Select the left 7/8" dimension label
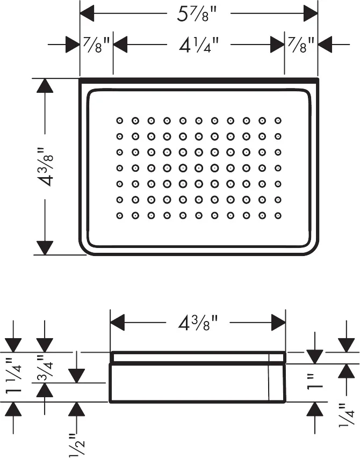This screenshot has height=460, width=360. (x=97, y=45)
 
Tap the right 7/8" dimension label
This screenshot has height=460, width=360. (x=300, y=45)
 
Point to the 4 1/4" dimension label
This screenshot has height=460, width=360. (x=198, y=45)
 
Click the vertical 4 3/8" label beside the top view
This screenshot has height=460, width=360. (x=45, y=166)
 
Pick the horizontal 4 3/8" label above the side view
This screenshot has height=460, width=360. (x=198, y=323)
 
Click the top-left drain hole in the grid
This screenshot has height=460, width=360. (x=119, y=120)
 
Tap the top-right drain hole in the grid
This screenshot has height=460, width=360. (x=278, y=120)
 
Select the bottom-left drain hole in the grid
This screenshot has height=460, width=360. (x=119, y=216)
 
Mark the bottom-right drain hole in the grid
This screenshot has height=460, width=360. (x=278, y=216)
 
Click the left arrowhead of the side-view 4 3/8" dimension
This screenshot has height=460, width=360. (x=118, y=323)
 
